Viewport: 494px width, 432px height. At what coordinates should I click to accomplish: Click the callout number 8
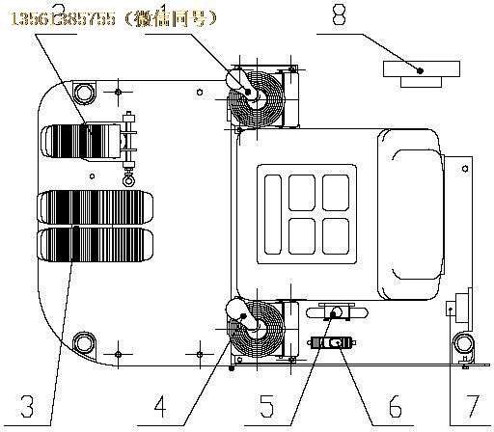coord(419,16)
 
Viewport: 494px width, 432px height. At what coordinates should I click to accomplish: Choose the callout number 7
coord(471,399)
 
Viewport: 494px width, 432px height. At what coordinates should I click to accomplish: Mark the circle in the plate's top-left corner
coord(83,93)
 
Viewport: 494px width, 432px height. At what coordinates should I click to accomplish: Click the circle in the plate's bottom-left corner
coord(83,341)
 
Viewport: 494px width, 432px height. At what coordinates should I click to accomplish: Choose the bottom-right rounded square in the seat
coord(335,231)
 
